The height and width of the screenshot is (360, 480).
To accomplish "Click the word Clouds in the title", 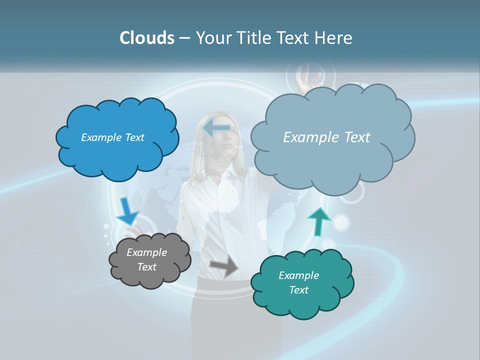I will click(147, 38).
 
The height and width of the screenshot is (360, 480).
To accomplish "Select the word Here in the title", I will click(333, 38).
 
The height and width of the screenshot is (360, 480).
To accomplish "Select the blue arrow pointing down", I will click(127, 211).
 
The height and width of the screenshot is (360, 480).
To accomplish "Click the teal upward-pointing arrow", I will click(318, 220).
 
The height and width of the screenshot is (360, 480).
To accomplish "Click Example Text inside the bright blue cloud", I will click(112, 137).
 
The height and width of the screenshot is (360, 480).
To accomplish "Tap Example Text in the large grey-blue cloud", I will click(326, 137).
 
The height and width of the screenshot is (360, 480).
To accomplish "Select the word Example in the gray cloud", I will click(146, 252).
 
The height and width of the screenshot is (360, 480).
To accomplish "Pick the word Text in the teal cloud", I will click(299, 290).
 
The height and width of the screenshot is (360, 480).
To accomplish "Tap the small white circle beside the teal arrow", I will click(341, 222).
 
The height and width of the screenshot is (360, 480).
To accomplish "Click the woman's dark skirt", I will click(235, 320).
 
